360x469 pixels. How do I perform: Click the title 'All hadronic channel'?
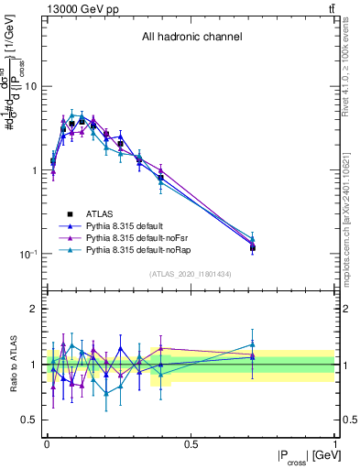click(x=191, y=38)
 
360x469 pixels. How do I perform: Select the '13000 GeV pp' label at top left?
click(x=76, y=8)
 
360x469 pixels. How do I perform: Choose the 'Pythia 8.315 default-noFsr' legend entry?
click(x=136, y=237)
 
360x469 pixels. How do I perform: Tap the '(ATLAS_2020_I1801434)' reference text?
click(x=191, y=275)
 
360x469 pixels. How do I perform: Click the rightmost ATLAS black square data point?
click(x=253, y=247)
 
